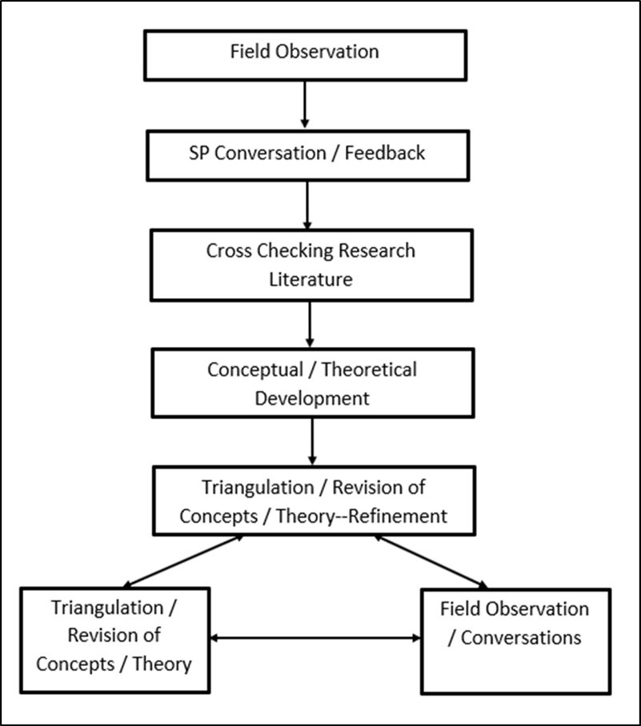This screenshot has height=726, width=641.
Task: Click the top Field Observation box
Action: point(304,53)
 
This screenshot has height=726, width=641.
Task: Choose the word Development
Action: point(312,398)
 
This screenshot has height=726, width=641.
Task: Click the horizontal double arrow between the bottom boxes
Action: point(315,637)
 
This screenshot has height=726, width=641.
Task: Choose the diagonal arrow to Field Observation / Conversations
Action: point(432,562)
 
